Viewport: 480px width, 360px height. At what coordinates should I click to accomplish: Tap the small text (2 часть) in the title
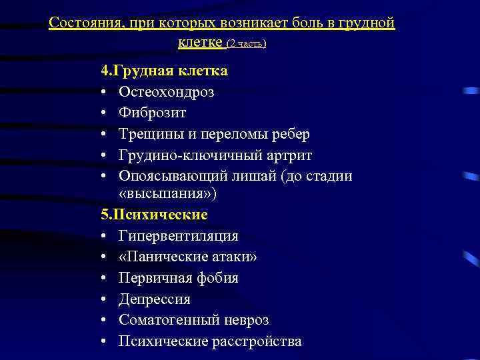[x=247, y=43]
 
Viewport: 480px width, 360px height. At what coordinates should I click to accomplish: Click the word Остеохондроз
[x=167, y=92]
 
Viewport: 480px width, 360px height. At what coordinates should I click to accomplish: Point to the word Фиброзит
[x=153, y=113]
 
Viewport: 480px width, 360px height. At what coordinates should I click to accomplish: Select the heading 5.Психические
[x=154, y=215]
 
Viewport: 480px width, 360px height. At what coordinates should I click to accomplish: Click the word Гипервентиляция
[x=179, y=236]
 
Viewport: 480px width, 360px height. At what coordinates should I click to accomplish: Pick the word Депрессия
[x=155, y=299]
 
